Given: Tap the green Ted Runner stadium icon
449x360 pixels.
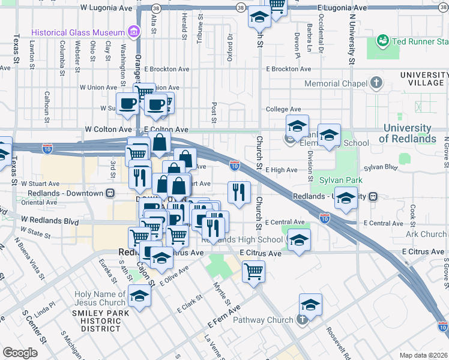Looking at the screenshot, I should (x=382, y=41).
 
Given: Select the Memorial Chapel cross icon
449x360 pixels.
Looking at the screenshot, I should (x=376, y=83).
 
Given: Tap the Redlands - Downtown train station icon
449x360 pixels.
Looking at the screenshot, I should (x=110, y=193).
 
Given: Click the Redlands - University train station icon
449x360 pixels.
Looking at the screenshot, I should (x=373, y=196).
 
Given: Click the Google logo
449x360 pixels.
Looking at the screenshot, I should (x=20, y=352).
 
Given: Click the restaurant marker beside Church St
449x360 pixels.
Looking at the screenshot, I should (x=239, y=192).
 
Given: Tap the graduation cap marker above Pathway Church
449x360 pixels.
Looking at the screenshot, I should (x=310, y=304).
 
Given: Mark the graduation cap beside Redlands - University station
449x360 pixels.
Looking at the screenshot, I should (x=346, y=197).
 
